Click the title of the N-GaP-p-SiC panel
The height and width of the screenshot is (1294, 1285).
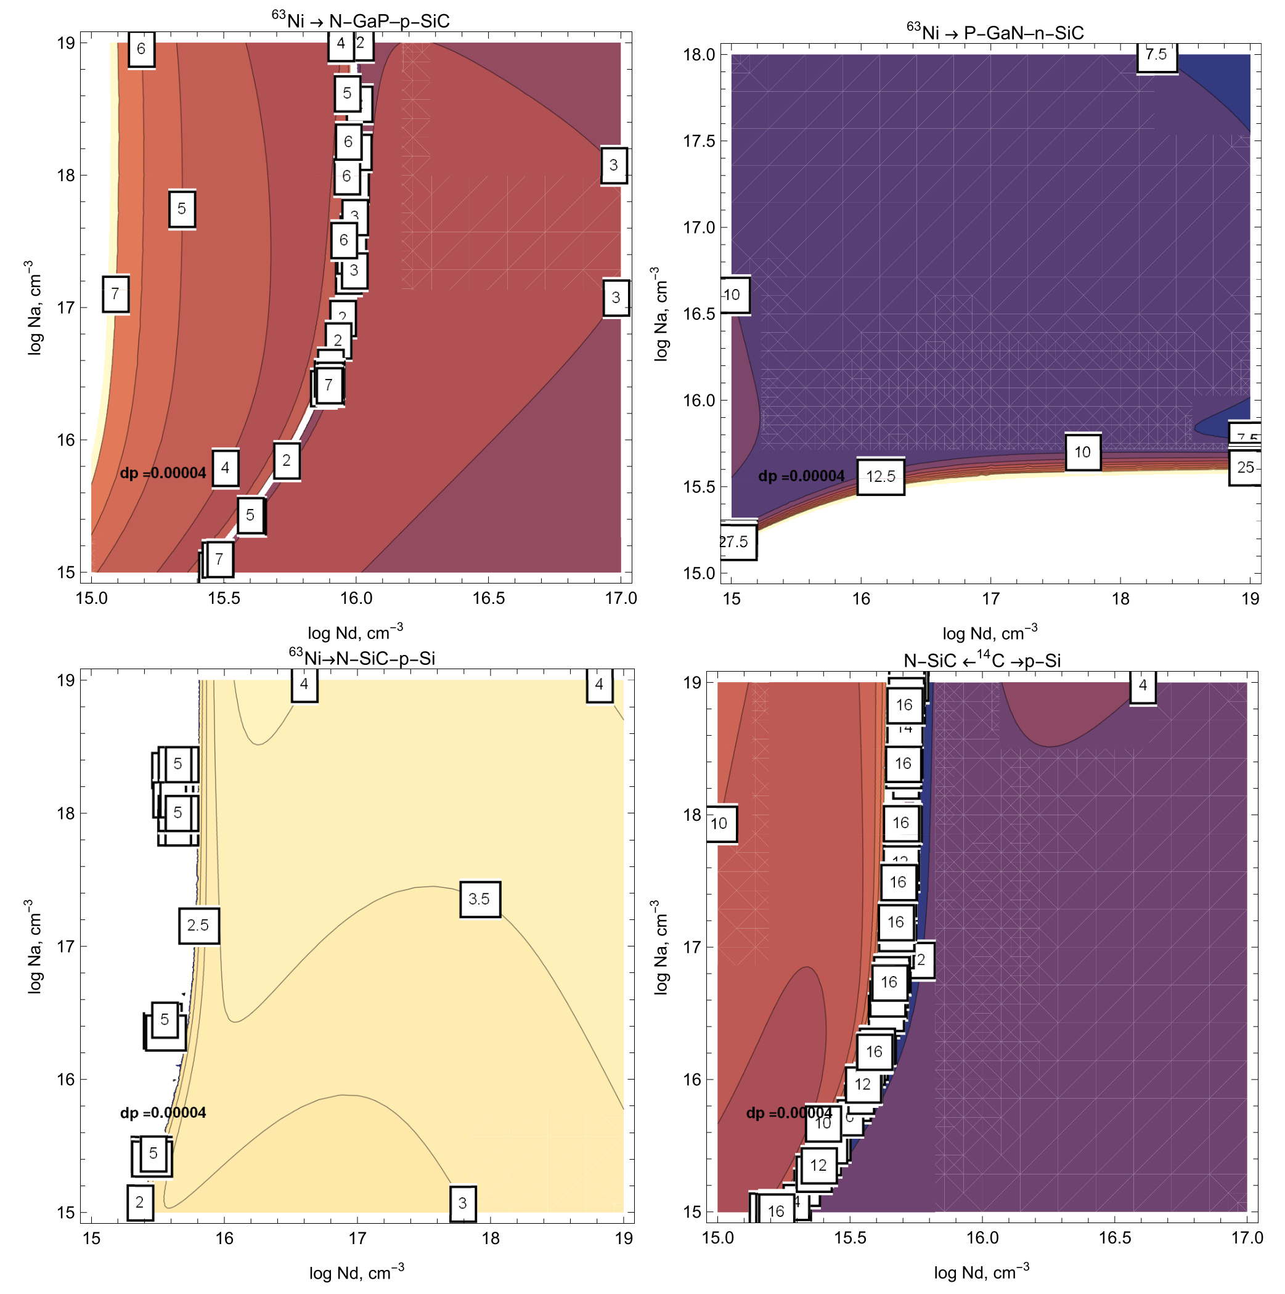click(x=361, y=21)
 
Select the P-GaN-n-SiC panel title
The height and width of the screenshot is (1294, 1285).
click(x=994, y=32)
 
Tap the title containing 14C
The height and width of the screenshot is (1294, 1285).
click(x=982, y=661)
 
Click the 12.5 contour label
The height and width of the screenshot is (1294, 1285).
click(x=880, y=476)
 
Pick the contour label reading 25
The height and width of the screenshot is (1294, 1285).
click(x=1245, y=467)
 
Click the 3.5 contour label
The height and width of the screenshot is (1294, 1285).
click(x=479, y=899)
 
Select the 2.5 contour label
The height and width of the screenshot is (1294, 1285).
click(x=198, y=925)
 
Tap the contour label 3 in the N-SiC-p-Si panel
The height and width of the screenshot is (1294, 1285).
click(x=462, y=1203)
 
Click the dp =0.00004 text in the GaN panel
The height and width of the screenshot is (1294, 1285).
click(x=801, y=476)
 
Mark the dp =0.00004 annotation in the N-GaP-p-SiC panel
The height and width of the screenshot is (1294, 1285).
click(x=163, y=473)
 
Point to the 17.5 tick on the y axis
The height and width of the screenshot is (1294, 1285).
click(x=699, y=141)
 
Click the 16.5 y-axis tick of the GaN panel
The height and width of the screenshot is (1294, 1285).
click(x=699, y=314)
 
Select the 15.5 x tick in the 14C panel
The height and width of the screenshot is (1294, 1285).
click(x=849, y=1237)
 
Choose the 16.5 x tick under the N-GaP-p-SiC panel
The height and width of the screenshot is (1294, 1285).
click(x=488, y=598)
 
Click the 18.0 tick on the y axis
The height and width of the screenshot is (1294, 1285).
click(x=699, y=55)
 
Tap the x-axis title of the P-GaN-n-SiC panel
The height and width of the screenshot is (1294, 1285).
click(x=990, y=633)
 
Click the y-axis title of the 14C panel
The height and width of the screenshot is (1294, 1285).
click(x=661, y=946)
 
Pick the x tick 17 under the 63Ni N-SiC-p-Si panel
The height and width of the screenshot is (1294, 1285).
click(x=357, y=1238)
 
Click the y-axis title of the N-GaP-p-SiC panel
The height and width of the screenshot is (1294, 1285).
click(x=34, y=307)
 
